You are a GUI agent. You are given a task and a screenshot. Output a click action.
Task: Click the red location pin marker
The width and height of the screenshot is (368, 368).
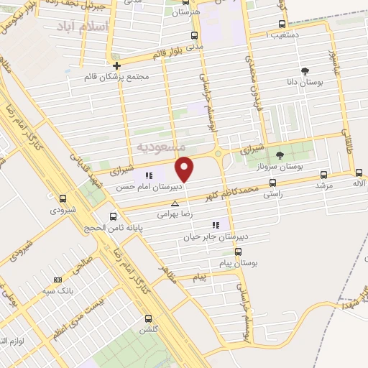[185, 168]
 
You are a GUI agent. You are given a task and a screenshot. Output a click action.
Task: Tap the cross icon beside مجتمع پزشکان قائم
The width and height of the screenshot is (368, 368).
[117, 66]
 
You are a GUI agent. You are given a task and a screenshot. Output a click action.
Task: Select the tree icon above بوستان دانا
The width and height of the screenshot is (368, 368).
[305, 70]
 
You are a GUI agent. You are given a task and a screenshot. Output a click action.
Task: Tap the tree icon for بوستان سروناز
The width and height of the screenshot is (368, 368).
[280, 155]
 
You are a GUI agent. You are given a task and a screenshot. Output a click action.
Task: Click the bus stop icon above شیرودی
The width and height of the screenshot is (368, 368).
[63, 199]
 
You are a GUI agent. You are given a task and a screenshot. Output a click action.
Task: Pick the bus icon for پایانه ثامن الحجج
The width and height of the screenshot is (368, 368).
[112, 216]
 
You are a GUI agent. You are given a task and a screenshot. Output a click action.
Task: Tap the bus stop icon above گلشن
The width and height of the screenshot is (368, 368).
[149, 318]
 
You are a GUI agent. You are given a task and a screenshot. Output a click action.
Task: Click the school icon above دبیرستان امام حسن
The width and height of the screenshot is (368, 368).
[149, 175]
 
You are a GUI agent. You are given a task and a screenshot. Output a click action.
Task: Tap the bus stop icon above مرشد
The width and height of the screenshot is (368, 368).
[323, 174]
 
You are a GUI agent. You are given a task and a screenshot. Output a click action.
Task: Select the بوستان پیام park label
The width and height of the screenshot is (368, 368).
[239, 264]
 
